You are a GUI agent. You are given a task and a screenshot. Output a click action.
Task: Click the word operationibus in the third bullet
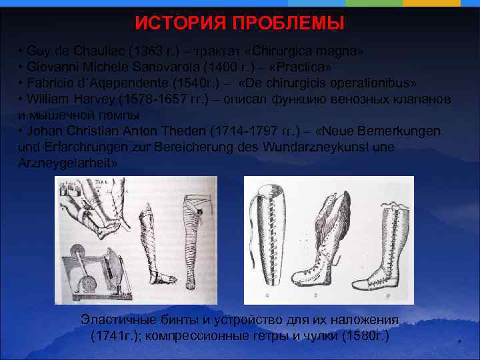[375, 83]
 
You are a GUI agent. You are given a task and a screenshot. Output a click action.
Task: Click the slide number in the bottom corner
[459, 342]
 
